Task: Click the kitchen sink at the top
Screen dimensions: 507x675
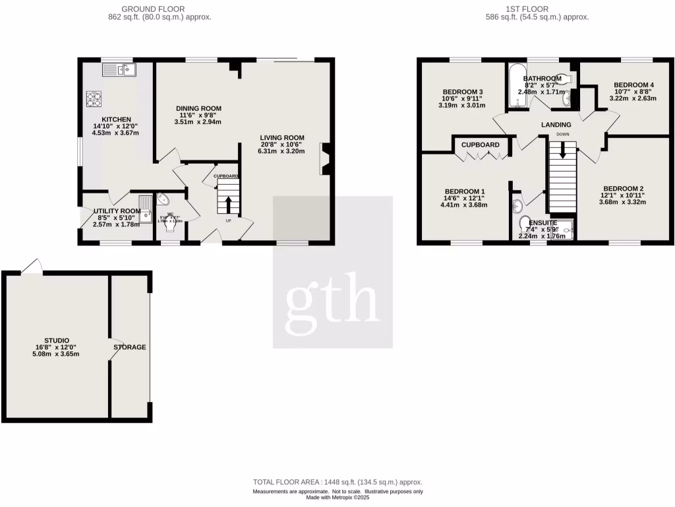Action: click(x=119, y=68)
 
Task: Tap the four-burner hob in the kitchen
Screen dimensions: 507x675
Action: click(x=94, y=99)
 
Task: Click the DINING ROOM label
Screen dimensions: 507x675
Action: click(x=198, y=108)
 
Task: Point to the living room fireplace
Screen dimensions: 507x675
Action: click(x=326, y=159)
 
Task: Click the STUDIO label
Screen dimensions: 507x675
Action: click(x=57, y=341)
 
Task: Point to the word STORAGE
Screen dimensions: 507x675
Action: click(x=129, y=347)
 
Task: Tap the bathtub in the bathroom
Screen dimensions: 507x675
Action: click(x=515, y=86)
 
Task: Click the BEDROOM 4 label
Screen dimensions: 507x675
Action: click(x=633, y=85)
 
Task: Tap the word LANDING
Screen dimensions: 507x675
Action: click(x=556, y=125)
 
